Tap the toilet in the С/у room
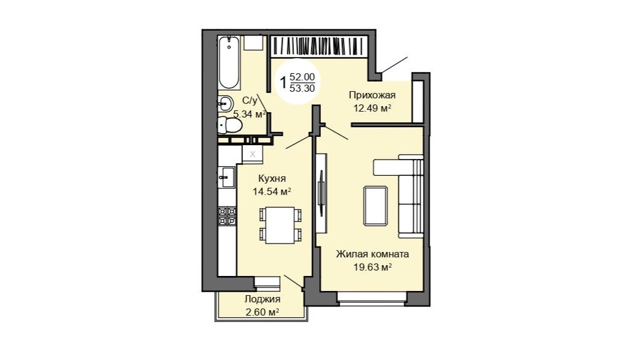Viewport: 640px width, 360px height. click(x=229, y=125)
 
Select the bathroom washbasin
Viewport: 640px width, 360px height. click(x=225, y=104)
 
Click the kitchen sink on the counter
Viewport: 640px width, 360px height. click(x=227, y=177)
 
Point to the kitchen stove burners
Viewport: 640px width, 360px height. click(x=227, y=217)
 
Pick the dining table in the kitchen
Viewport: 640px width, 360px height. click(x=280, y=225)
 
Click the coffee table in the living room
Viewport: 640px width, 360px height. click(x=375, y=206)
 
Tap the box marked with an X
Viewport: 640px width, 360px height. click(x=253, y=154)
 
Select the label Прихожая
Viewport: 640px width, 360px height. click(x=372, y=95)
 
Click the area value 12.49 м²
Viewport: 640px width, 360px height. click(x=372, y=108)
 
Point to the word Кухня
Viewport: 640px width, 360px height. click(x=272, y=178)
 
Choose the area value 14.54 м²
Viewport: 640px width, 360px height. click(x=272, y=191)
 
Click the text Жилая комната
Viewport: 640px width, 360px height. click(x=372, y=254)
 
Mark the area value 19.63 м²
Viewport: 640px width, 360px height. click(x=372, y=268)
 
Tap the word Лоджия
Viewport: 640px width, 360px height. click(x=262, y=299)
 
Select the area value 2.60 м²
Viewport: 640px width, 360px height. click(x=262, y=312)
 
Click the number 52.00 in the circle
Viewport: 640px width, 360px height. click(x=302, y=77)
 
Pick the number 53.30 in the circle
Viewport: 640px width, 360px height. click(x=302, y=88)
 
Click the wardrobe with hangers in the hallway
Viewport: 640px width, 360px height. click(x=319, y=46)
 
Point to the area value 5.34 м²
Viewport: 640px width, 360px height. click(x=250, y=114)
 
